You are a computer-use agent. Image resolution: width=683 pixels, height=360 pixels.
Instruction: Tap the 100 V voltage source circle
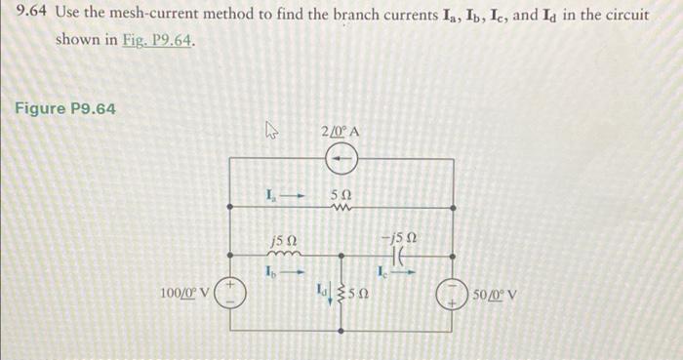(229, 295)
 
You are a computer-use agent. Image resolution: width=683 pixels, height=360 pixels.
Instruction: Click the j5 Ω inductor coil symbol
(286, 255)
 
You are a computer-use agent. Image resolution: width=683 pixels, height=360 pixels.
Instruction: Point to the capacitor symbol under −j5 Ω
(397, 254)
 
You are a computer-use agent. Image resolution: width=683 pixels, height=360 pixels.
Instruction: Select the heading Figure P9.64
(64, 107)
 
